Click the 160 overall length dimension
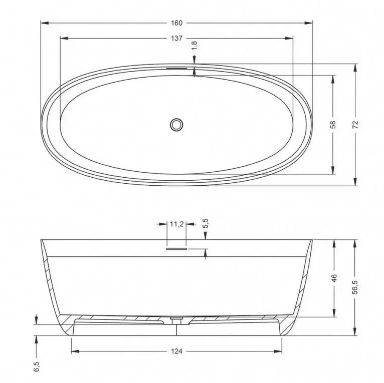[x=176, y=23]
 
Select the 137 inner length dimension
[x=176, y=39]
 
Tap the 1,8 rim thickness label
[x=194, y=46]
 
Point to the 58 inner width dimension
[x=333, y=125]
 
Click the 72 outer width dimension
[x=355, y=125]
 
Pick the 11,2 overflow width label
[x=177, y=224]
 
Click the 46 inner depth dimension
[x=334, y=278]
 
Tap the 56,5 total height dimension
[x=355, y=287]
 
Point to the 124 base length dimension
[x=176, y=351]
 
